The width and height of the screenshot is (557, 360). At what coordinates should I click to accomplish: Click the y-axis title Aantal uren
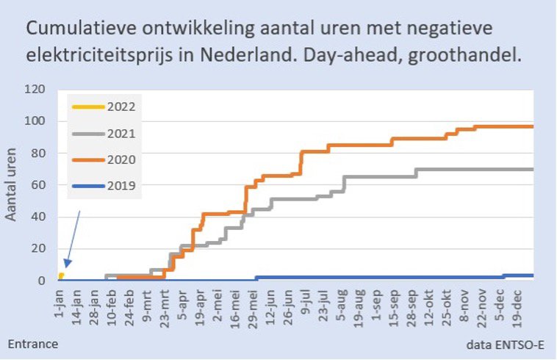(x=12, y=184)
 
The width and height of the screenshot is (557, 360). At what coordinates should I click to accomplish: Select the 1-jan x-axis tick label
(x=62, y=303)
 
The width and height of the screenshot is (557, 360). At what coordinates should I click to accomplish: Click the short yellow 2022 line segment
(x=62, y=276)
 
